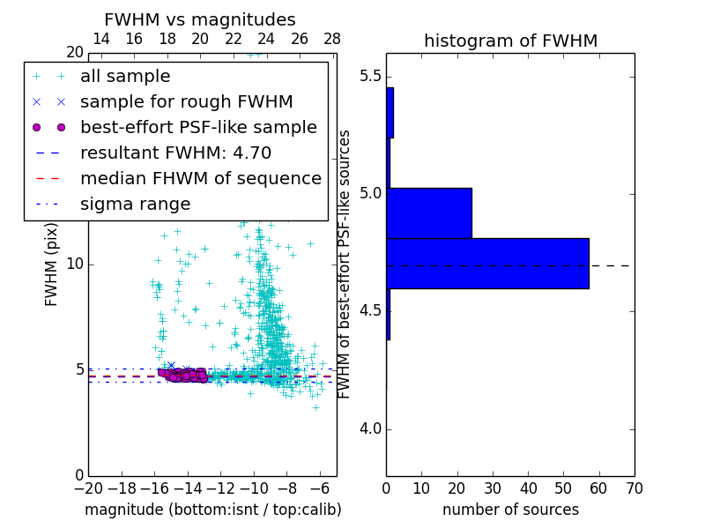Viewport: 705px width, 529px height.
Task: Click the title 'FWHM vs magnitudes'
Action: point(200,19)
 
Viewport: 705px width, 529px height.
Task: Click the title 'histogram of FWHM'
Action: point(510,41)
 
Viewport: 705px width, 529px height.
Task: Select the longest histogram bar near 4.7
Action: point(487,263)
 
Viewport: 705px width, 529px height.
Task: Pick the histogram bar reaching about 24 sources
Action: point(429,212)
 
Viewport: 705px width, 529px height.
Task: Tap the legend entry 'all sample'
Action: point(125,77)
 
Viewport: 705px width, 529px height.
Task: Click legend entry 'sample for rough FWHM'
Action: point(186,101)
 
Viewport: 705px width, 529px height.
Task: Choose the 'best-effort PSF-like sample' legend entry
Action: point(198,127)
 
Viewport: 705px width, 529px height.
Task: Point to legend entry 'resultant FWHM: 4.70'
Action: point(175,153)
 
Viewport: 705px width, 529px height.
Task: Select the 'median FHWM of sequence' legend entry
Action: point(200,178)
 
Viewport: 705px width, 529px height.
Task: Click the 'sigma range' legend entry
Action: point(135,204)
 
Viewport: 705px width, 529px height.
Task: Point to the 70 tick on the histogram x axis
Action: point(633,488)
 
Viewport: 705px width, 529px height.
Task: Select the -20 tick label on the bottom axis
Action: point(88,488)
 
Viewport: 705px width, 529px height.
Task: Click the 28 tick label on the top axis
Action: point(332,39)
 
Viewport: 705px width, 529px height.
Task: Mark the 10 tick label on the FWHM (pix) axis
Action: point(75,264)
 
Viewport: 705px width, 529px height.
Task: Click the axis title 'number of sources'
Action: point(510,510)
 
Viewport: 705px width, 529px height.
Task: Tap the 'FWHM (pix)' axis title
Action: point(52,262)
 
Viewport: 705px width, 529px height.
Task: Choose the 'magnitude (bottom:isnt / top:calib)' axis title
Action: point(212,510)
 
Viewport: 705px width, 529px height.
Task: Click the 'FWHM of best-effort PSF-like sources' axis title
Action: point(345,264)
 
